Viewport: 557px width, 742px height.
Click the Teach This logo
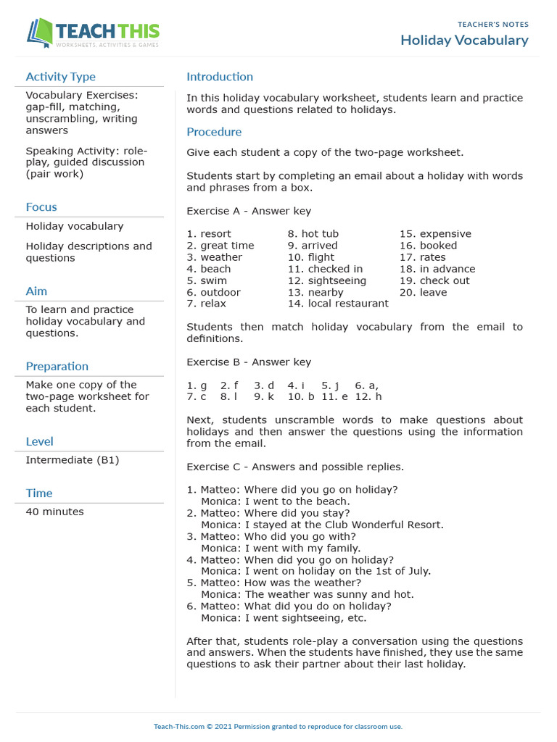click(x=93, y=33)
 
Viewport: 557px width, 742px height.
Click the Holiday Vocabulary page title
click(x=464, y=41)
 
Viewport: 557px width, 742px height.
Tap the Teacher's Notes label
click(x=492, y=25)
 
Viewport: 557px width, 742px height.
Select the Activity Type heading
click(x=60, y=77)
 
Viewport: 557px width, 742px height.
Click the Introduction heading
click(x=220, y=77)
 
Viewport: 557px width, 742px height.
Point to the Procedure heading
click(x=214, y=132)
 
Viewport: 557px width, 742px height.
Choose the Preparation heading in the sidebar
click(x=57, y=367)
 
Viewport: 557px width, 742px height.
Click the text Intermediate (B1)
click(x=73, y=460)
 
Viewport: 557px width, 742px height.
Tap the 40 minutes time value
click(x=54, y=512)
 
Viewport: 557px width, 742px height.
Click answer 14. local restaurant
click(x=337, y=304)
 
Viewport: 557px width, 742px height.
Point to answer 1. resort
click(x=209, y=234)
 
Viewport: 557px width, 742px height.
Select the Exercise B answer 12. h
click(x=368, y=397)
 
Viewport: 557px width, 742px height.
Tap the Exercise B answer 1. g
click(x=197, y=385)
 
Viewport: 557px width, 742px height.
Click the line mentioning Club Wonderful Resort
click(x=322, y=525)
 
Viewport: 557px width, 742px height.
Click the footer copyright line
click(x=278, y=726)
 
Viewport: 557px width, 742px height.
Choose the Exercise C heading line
click(x=295, y=467)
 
